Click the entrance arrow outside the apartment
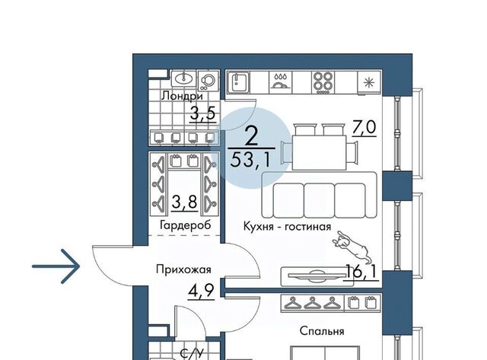pyautogui.click(x=56, y=266)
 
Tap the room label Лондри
pyautogui.click(x=182, y=96)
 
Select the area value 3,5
pyautogui.click(x=202, y=113)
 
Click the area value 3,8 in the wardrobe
pyautogui.click(x=184, y=202)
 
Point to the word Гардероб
pyautogui.click(x=186, y=225)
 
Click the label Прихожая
pyautogui.click(x=183, y=269)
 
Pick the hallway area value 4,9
pyautogui.click(x=202, y=292)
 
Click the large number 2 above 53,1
pyautogui.click(x=252, y=136)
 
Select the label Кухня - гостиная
pyautogui.click(x=287, y=227)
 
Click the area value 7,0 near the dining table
pyautogui.click(x=364, y=127)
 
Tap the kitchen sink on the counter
pyautogui.click(x=238, y=83)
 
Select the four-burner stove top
pyautogui.click(x=323, y=83)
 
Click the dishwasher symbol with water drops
pyautogui.click(x=281, y=81)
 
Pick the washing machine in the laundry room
pyautogui.click(x=208, y=81)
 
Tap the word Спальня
pyautogui.click(x=322, y=331)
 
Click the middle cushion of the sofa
pyautogui.click(x=320, y=200)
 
